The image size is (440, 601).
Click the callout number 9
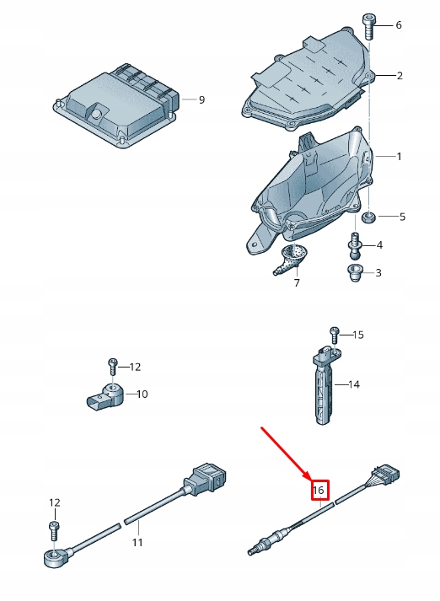coord(201,100)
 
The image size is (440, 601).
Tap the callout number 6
coord(398,25)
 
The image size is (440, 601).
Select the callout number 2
coord(400,76)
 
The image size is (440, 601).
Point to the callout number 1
coord(399,157)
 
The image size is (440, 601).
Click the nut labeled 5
coord(368,218)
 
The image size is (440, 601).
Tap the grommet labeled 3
coord(355,271)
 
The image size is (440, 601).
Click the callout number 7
coord(297,283)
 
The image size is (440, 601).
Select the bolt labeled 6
coord(369,27)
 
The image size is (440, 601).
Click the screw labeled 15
coord(335,335)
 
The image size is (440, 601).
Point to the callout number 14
coord(354,384)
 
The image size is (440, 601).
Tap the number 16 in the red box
coord(319,491)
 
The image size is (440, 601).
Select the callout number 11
coord(137,542)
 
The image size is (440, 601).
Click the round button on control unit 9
coord(97,113)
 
